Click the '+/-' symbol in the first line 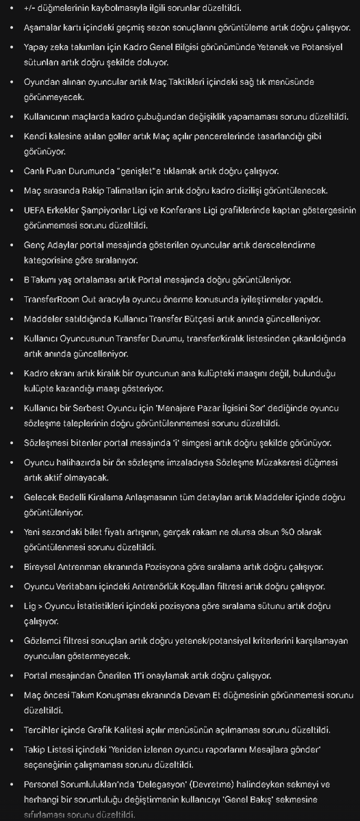click(32, 8)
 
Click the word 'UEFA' click(36, 209)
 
